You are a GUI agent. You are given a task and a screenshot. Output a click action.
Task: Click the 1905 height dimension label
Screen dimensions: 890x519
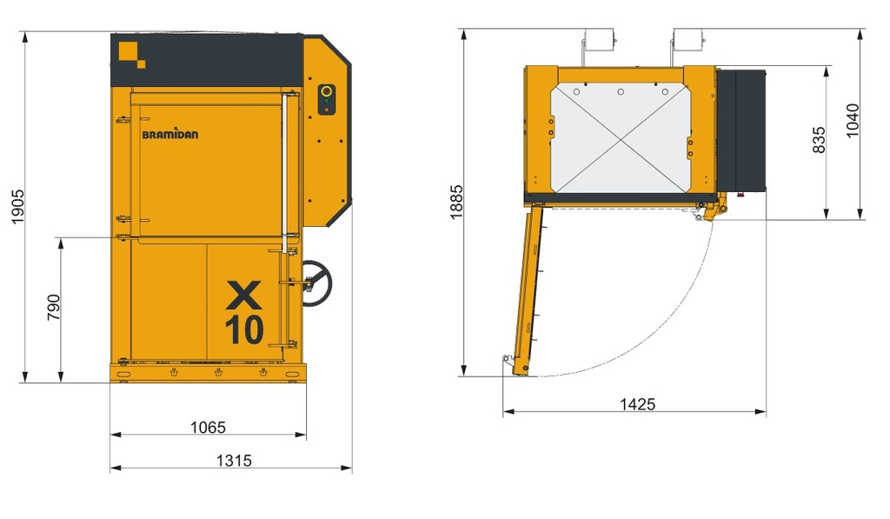[x=17, y=206]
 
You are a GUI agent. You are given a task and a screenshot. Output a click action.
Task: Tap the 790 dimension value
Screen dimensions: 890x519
[x=53, y=307]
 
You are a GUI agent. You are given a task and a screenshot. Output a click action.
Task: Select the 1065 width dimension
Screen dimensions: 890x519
[x=208, y=427]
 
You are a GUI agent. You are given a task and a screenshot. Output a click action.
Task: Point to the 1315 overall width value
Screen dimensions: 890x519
[x=234, y=460]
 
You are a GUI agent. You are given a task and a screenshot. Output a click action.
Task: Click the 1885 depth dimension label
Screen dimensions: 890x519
[x=456, y=202]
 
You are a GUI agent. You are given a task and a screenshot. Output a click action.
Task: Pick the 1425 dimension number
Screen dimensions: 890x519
[x=637, y=403]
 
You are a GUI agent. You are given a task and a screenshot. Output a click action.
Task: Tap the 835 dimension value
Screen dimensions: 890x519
[x=819, y=140]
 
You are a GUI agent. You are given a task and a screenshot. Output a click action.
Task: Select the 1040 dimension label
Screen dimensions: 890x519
[x=853, y=120]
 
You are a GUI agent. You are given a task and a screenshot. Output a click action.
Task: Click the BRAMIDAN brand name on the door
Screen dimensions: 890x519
[x=170, y=134]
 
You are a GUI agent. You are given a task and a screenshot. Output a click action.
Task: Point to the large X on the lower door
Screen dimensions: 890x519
[x=244, y=295]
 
